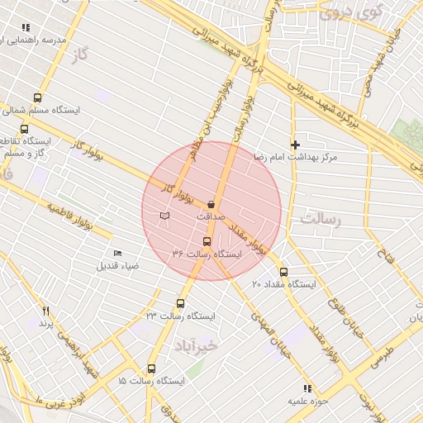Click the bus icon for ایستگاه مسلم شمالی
point(37,97)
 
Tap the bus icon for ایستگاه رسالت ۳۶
point(207,241)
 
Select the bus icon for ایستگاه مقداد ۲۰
point(283,272)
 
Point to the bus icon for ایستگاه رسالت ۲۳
point(181,303)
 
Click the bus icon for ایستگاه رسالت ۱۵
point(150,368)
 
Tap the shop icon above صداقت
point(211,204)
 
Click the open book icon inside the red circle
point(164,216)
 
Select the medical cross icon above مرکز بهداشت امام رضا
point(295,145)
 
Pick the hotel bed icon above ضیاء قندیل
point(117,253)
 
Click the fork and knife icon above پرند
point(45,311)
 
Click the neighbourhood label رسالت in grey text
point(321,220)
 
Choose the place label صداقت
point(211,216)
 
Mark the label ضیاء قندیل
point(118,265)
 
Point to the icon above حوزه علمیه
point(307,387)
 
